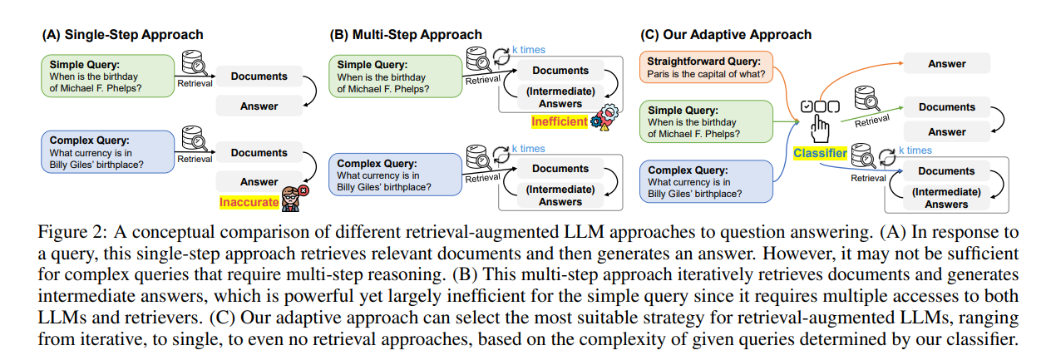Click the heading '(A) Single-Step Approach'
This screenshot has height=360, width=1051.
[x=122, y=35]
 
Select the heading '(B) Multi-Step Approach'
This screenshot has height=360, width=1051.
[x=406, y=35]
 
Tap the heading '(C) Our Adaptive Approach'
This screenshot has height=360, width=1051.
[x=726, y=35]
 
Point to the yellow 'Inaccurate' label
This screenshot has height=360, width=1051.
[x=248, y=202]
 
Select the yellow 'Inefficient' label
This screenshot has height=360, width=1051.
[x=560, y=122]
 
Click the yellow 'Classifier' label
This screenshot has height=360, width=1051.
[x=820, y=153]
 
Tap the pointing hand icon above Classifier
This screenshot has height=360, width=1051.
[x=820, y=130]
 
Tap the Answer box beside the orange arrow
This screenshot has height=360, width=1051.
[x=947, y=64]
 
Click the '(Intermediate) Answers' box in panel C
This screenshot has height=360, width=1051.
[x=946, y=198]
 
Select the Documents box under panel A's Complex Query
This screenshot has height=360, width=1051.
[x=259, y=153]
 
